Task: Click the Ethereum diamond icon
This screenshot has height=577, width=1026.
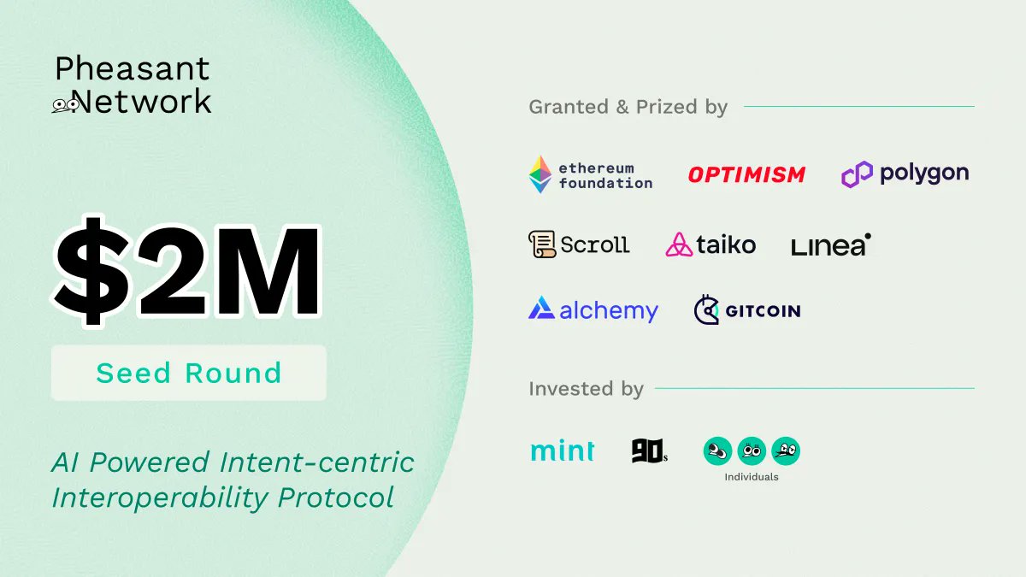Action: click(x=540, y=174)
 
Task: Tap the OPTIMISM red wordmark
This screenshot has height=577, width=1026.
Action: click(x=746, y=174)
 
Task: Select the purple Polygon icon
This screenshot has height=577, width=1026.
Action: click(x=856, y=174)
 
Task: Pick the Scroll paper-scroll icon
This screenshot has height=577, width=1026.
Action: click(x=542, y=244)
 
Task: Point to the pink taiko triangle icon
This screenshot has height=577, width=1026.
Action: click(x=679, y=245)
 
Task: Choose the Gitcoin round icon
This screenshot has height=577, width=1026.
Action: click(x=705, y=309)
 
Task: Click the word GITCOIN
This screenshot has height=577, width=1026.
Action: click(x=763, y=310)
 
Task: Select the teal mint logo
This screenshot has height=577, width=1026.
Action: click(x=562, y=450)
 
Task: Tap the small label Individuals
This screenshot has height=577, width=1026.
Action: click(x=752, y=477)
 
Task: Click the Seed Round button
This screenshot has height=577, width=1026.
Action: click(x=188, y=373)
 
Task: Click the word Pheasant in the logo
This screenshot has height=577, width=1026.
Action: click(x=133, y=68)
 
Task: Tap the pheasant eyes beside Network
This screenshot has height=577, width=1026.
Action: click(x=65, y=105)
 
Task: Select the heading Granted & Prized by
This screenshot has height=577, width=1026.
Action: click(x=628, y=107)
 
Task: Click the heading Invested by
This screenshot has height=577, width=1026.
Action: click(x=586, y=389)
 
